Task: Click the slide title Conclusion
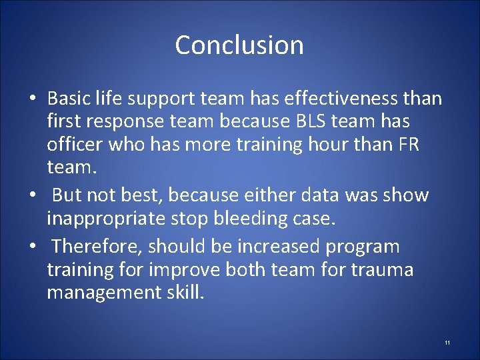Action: click(239, 45)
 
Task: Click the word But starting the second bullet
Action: click(69, 195)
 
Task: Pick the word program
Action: click(363, 246)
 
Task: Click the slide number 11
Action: click(447, 343)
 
